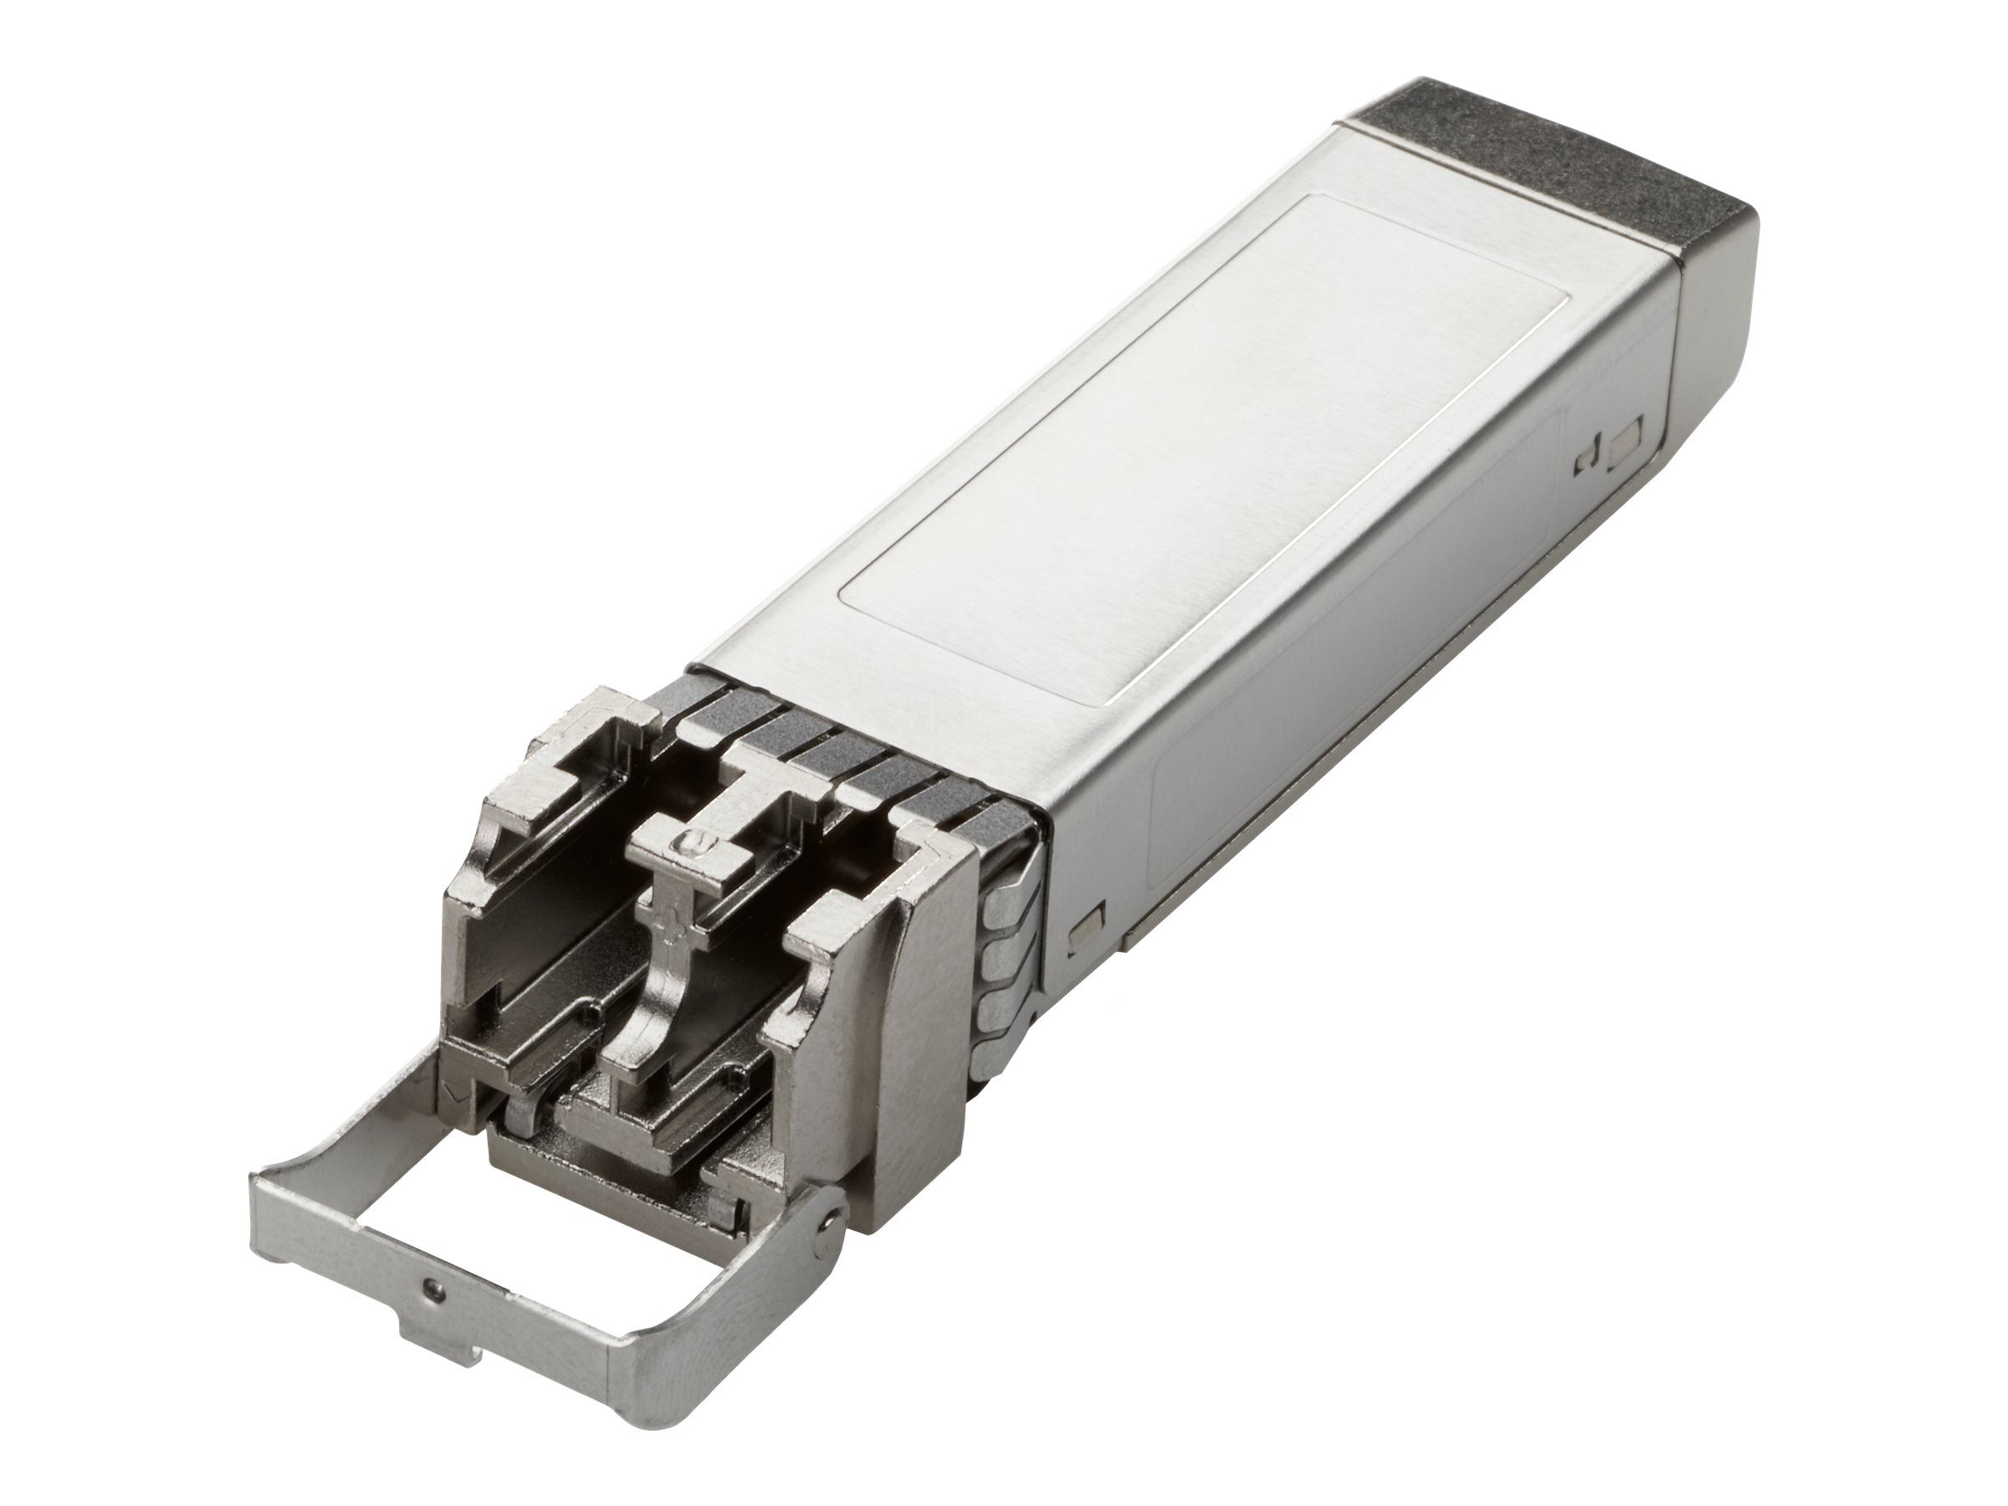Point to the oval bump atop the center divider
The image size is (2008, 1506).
pos(694,844)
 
